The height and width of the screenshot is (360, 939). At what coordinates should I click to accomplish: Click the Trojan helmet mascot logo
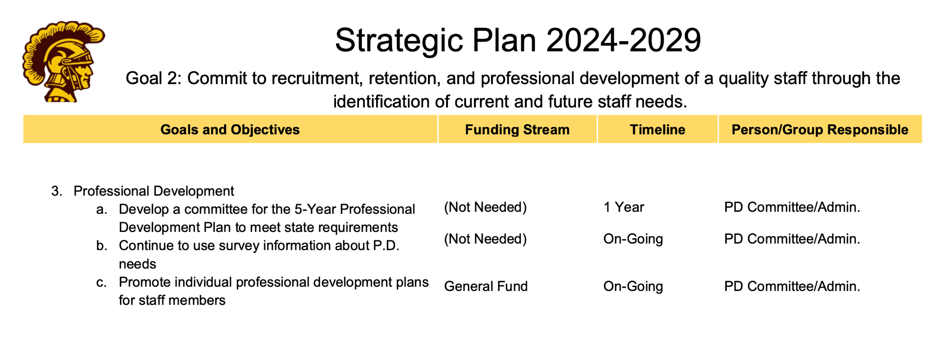click(64, 62)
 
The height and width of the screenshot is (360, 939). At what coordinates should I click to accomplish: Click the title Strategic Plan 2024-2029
click(518, 40)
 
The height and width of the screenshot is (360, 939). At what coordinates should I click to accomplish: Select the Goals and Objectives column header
click(230, 130)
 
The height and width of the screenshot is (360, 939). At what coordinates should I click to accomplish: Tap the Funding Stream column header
click(517, 130)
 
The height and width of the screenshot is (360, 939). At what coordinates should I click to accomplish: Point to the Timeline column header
click(657, 130)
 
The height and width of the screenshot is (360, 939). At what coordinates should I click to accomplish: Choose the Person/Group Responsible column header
click(820, 130)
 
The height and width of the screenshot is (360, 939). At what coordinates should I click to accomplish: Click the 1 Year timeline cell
click(624, 207)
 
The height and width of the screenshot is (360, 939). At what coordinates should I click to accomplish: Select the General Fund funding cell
click(486, 286)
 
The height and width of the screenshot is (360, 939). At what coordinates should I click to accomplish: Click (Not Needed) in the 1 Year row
click(485, 207)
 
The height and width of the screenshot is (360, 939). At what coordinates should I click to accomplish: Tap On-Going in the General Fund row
click(633, 286)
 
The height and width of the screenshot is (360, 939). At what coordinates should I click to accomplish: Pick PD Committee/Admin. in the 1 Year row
click(792, 207)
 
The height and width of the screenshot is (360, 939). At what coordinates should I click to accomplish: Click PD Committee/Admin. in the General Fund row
click(792, 286)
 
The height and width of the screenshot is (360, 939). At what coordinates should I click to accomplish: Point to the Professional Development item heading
click(154, 191)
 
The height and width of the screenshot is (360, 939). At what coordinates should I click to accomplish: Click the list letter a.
click(102, 209)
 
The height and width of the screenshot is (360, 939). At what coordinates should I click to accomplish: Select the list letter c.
click(102, 282)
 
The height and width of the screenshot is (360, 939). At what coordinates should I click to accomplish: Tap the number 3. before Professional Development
click(57, 191)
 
